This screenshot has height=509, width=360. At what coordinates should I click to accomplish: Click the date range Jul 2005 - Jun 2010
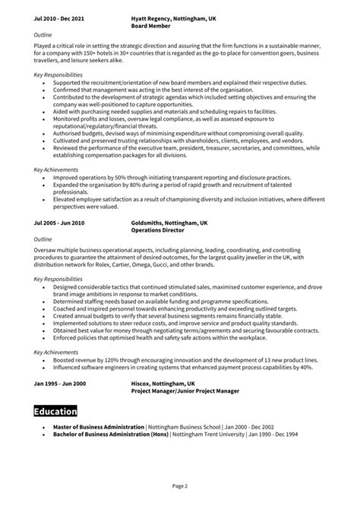[x=59, y=223]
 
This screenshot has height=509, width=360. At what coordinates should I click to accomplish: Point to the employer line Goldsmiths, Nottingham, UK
[x=169, y=223]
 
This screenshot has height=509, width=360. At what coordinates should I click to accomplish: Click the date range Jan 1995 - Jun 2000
[x=59, y=384]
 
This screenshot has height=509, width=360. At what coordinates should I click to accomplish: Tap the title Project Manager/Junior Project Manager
[x=185, y=391]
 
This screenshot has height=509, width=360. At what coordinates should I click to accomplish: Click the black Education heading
[x=55, y=413]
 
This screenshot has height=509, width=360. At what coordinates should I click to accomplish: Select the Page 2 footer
[x=179, y=485]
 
